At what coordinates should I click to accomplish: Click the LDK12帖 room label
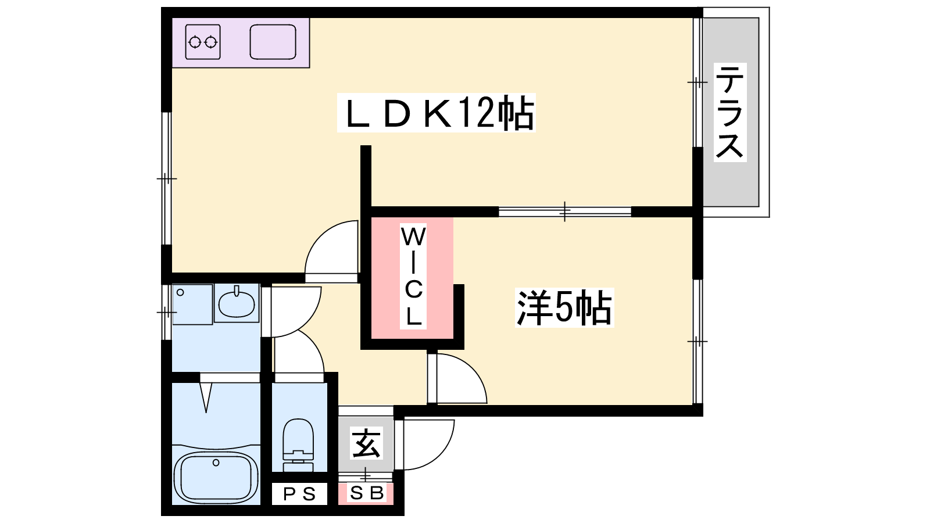click(x=436, y=113)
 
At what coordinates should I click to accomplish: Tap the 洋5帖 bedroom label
click(x=564, y=308)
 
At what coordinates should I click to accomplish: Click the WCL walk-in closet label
click(x=413, y=277)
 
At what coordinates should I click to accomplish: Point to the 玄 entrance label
click(x=367, y=444)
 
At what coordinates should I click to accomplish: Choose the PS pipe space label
click(x=300, y=494)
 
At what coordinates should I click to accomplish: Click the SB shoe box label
click(x=367, y=493)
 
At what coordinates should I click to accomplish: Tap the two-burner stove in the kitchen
click(x=203, y=42)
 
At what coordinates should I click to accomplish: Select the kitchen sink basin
click(x=273, y=42)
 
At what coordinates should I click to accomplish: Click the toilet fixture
click(x=298, y=445)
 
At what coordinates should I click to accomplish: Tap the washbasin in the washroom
click(x=237, y=303)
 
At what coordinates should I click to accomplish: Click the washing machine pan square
click(x=192, y=305)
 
